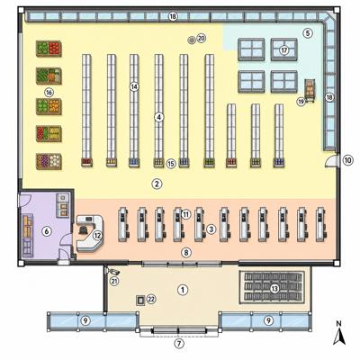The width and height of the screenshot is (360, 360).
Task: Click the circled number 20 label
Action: pos(202,39)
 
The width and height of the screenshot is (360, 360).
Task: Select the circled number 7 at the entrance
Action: pos(179,344)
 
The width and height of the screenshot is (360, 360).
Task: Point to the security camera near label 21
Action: pos(112,272)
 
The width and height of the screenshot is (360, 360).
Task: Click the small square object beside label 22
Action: pos(140,300)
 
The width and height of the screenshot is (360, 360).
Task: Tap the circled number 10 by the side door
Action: pos(347,160)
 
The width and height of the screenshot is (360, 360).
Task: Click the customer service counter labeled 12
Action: pos(90,233)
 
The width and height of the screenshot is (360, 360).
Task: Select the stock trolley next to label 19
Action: pos(310,90)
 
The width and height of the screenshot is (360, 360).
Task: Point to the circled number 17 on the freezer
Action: pos(283,50)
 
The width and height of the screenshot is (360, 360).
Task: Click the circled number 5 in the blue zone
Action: pos(308,33)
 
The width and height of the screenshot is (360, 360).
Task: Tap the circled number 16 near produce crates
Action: pos(49,93)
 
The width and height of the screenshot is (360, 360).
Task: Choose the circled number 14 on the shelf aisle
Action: pos(134,86)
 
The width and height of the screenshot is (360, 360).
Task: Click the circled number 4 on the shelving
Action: pos(159,117)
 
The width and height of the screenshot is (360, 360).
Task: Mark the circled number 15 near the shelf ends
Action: pos(171,164)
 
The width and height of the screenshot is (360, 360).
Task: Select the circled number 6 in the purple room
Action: pos(46,231)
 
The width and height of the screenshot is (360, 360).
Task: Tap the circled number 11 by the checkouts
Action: pos(186,214)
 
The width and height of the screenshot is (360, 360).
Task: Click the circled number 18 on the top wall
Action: pos(173,16)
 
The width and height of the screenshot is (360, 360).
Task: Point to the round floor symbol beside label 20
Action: pos(191,40)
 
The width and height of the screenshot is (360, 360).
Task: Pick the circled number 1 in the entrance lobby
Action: pos(183,290)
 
